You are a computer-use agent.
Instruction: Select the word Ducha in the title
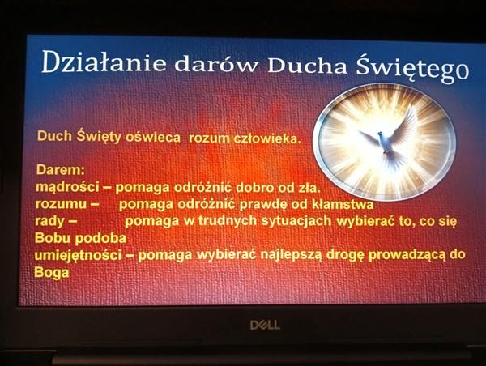pyautogui.click(x=307, y=66)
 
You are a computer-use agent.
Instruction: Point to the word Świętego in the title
pyautogui.click(x=412, y=70)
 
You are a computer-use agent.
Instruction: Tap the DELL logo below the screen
pyautogui.click(x=265, y=325)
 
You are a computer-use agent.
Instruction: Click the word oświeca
pyautogui.click(x=153, y=138)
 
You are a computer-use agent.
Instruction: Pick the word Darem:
pyautogui.click(x=61, y=170)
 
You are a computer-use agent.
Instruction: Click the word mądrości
pyautogui.click(x=67, y=187)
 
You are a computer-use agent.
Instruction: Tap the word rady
pyautogui.click(x=49, y=221)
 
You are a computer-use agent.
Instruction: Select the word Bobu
pyautogui.click(x=53, y=238)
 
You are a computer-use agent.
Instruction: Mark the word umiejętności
pyautogui.click(x=78, y=255)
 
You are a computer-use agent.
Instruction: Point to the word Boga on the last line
pyautogui.click(x=52, y=273)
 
